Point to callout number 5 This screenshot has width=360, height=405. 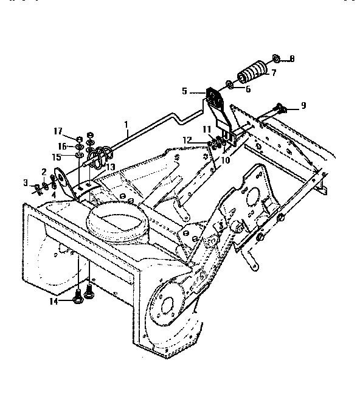pos(185,91)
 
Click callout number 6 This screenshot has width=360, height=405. pos(248,89)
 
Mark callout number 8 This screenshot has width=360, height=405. pos(292,59)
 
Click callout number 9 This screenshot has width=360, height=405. pos(303,105)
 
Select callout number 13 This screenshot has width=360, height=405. pos(111,167)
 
